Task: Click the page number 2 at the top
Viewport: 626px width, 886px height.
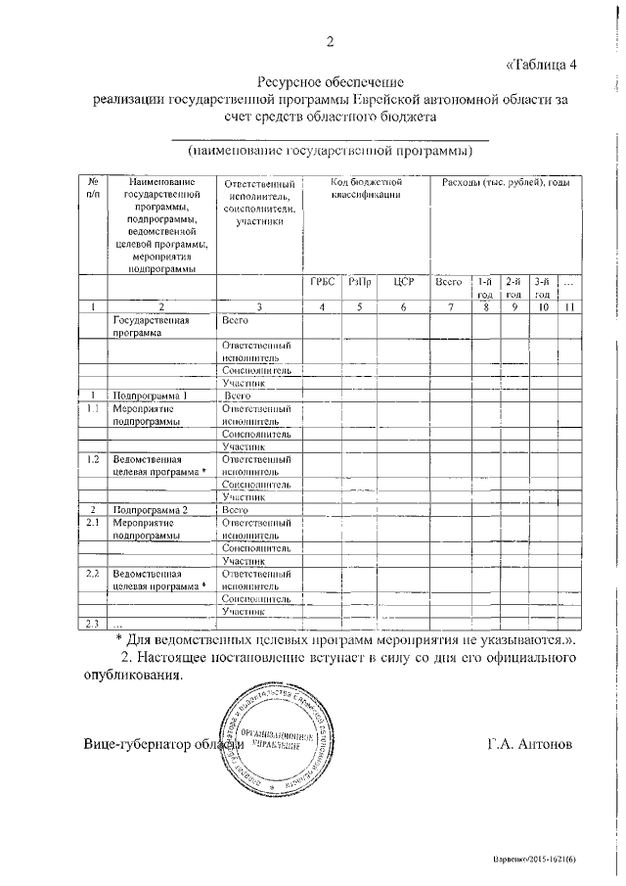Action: (330, 41)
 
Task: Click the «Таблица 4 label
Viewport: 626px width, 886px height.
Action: (542, 66)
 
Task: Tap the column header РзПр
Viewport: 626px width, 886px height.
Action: (359, 282)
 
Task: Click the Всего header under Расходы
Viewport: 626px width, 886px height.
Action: (448, 282)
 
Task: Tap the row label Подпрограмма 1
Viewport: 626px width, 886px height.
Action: (149, 396)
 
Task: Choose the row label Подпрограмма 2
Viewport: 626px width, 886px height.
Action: (149, 510)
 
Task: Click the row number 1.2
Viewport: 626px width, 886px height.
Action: (93, 458)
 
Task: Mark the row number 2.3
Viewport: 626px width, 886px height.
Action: (93, 624)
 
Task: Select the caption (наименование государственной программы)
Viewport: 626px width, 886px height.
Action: (330, 152)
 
